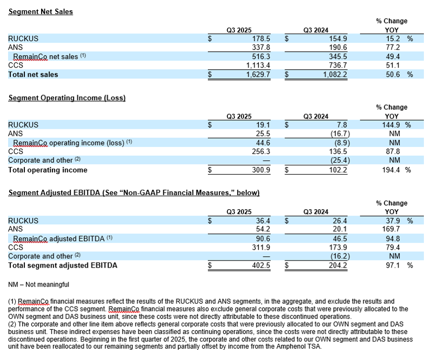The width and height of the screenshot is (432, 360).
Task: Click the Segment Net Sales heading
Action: (x=40, y=11)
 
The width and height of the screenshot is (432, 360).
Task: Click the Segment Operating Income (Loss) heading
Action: (x=66, y=98)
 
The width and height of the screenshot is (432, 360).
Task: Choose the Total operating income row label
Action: (x=48, y=170)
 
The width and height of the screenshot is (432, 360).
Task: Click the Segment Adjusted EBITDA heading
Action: (x=134, y=193)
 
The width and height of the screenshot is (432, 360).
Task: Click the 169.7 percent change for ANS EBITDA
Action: (x=393, y=230)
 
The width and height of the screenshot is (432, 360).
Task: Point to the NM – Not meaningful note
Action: (x=39, y=284)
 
